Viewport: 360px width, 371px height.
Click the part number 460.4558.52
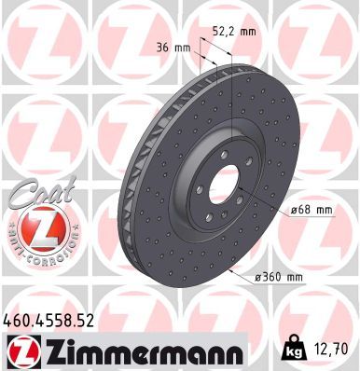[x=55, y=323]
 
